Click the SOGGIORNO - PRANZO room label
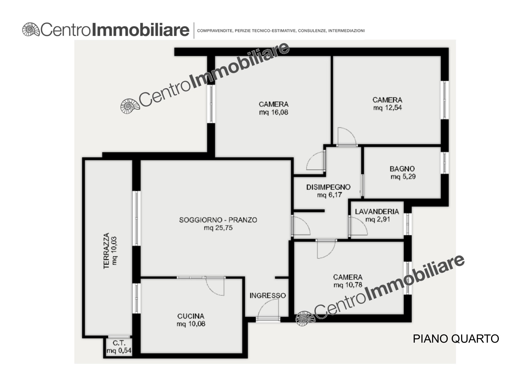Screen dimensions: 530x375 pos(218,220)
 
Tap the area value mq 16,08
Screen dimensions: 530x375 pos(273,112)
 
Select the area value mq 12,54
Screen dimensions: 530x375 pos(387,108)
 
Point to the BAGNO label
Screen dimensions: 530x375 pos(402,169)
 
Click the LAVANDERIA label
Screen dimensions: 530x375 pos(377,212)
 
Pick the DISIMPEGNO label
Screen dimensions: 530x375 pos(328,187)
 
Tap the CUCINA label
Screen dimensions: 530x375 pos(191,316)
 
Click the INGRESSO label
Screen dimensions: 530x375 pos(268,295)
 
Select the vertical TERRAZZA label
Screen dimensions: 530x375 pos(106,251)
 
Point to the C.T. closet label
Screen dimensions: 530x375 pos(119,343)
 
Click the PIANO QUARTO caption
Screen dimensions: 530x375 pos(456,339)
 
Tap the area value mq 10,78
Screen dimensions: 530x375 pos(348,285)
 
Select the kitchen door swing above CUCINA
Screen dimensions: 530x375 pos(215,286)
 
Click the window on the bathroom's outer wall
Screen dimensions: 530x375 pos(444,163)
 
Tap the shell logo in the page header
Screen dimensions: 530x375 pos(31,30)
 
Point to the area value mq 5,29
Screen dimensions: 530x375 pos(403,177)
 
